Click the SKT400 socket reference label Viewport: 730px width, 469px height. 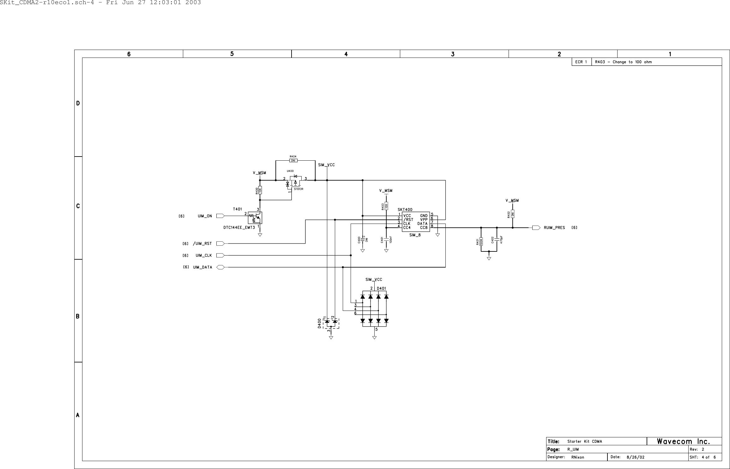click(405, 210)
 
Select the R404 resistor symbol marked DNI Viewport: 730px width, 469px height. click(293, 161)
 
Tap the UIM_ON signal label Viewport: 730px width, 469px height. click(205, 216)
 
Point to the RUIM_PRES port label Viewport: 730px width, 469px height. click(554, 228)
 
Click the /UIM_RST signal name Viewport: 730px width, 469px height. click(202, 244)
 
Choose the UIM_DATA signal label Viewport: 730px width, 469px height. click(202, 267)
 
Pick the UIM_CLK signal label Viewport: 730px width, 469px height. click(203, 256)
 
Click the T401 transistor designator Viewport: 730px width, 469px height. click(238, 209)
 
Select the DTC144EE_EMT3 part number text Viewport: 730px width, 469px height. click(239, 228)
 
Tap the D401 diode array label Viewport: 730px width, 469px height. click(381, 288)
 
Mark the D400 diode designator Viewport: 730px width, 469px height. click(319, 324)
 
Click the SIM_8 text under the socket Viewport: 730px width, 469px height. click(415, 235)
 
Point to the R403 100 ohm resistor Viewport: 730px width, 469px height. click(386, 207)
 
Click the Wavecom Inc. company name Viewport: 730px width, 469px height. click(683, 441)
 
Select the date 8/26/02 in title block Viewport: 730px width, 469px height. click(636, 457)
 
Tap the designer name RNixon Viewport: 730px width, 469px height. click(578, 457)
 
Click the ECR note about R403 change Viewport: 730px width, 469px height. click(623, 62)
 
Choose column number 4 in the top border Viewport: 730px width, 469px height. click(346, 54)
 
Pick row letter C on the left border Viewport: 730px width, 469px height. click(78, 206)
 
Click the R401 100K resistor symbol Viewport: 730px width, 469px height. click(481, 242)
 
